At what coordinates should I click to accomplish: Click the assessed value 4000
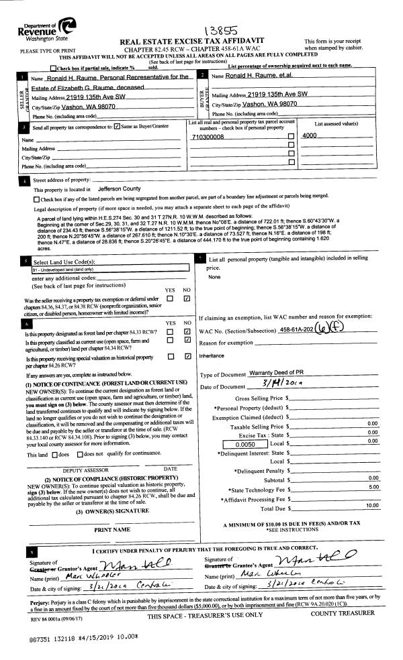pos(310,136)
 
